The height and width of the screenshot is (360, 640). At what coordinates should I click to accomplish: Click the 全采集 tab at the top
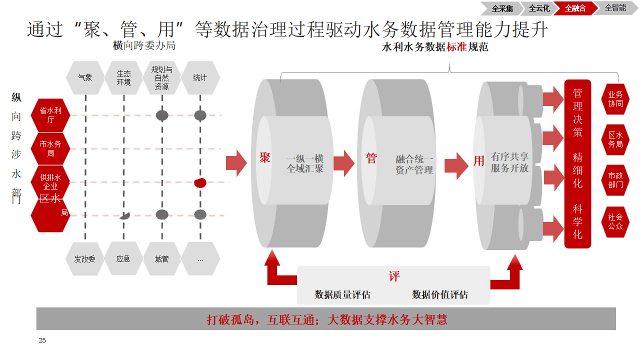[502, 8]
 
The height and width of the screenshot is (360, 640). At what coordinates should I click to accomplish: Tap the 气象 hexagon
[85, 78]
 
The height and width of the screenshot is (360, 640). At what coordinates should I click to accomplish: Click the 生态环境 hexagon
[123, 78]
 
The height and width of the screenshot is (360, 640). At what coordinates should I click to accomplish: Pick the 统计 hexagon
[200, 78]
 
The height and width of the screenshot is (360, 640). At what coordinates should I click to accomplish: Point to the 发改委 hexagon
[85, 259]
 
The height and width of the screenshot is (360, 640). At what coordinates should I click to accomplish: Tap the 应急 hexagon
[123, 259]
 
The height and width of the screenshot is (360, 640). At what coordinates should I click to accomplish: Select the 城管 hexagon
[161, 259]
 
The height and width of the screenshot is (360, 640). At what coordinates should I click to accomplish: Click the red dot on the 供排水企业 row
[200, 182]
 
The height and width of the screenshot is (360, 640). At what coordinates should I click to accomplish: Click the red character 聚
[264, 158]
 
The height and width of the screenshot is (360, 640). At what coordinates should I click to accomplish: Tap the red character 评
[394, 276]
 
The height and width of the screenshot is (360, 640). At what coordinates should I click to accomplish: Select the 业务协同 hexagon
[615, 98]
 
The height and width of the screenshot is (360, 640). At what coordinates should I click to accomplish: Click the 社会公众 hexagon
[615, 221]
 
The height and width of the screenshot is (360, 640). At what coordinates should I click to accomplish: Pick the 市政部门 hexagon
[615, 180]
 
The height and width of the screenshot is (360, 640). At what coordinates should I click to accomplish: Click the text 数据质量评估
[342, 294]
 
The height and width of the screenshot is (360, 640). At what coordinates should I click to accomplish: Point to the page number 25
[42, 340]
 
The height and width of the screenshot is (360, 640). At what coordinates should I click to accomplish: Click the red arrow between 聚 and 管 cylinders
[344, 163]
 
